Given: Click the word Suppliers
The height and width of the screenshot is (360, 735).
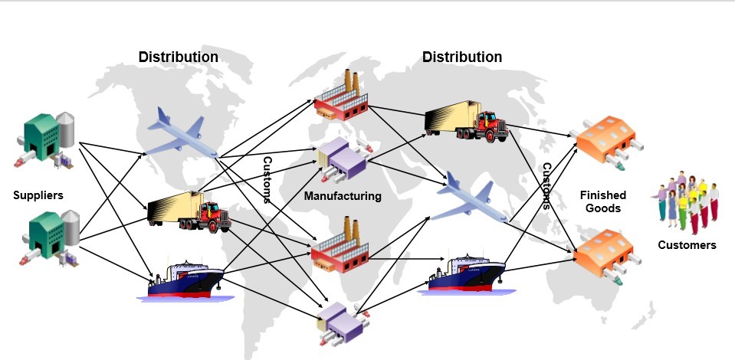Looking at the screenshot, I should click(x=38, y=195).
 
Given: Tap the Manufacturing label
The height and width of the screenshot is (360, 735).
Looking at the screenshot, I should click(x=343, y=196).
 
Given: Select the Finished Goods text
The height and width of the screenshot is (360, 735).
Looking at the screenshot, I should click(x=602, y=201).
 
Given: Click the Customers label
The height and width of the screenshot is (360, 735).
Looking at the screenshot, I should click(x=687, y=245).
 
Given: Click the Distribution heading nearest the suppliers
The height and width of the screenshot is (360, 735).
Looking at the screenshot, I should click(x=178, y=57).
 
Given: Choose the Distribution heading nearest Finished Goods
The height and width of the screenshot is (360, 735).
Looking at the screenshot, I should click(x=462, y=57).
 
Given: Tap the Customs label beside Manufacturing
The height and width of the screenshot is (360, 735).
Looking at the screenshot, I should click(x=267, y=180).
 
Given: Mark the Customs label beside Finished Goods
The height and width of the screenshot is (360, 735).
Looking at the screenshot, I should click(x=546, y=185).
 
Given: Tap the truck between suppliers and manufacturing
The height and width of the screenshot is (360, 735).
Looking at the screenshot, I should click(x=189, y=211).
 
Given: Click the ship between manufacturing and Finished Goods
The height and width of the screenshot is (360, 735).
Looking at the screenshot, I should click(x=466, y=273).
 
